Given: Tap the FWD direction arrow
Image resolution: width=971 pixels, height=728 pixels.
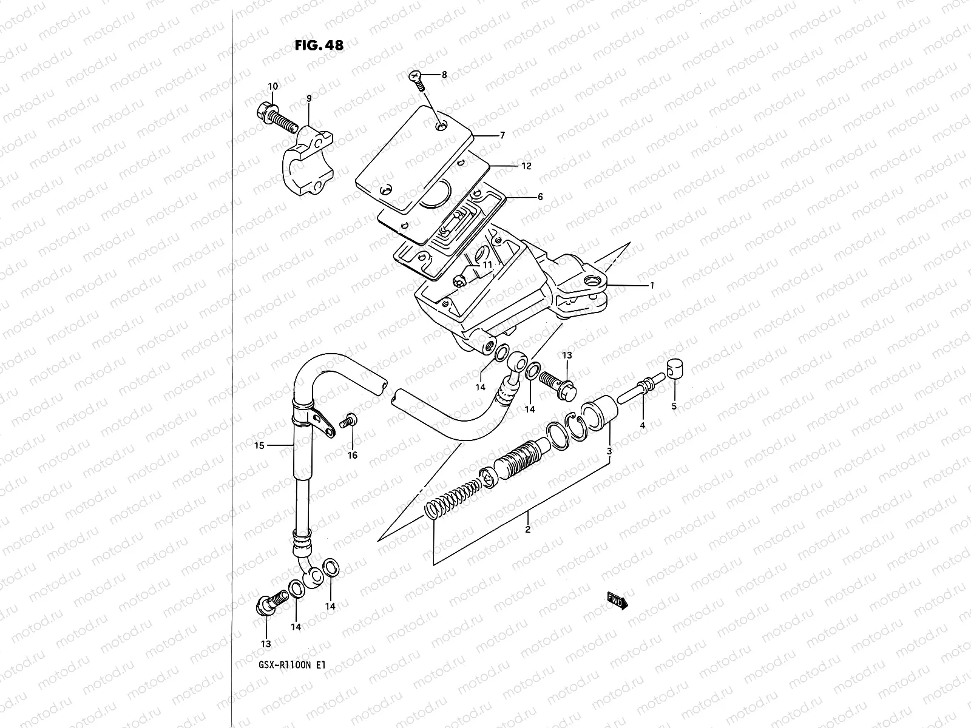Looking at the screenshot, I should click(617, 601).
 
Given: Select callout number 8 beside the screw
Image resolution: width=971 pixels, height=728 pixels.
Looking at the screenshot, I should click(444, 75).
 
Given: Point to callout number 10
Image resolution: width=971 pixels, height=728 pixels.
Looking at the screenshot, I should click(272, 86).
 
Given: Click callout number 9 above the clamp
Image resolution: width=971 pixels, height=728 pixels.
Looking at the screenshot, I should click(309, 98).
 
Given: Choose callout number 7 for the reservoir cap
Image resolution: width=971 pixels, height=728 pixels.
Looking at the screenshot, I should click(502, 135).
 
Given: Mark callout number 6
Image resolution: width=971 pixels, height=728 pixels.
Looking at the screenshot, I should click(540, 197).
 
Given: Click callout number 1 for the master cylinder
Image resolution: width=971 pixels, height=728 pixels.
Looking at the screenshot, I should click(652, 285).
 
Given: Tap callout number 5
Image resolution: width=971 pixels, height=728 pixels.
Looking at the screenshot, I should click(674, 406).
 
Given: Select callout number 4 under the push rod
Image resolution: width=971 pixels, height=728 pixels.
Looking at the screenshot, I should click(642, 426).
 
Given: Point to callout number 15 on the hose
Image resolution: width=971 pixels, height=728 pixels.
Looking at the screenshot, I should click(259, 446).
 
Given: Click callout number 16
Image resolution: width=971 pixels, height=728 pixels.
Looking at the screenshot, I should click(353, 455).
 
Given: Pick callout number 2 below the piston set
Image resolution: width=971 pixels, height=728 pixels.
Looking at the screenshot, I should click(527, 530).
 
